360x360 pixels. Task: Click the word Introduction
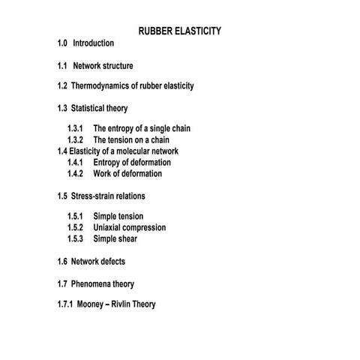pyautogui.click(x=93, y=43)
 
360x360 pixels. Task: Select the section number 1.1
pyautogui.click(x=62, y=66)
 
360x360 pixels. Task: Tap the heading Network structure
pyautogui.click(x=103, y=66)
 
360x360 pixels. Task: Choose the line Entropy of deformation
pyautogui.click(x=132, y=162)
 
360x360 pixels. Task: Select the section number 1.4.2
pyautogui.click(x=75, y=173)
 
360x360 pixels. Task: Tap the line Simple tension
pyautogui.click(x=118, y=216)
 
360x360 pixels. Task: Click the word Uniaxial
pyautogui.click(x=108, y=227)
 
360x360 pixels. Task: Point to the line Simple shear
pyautogui.click(x=115, y=238)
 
